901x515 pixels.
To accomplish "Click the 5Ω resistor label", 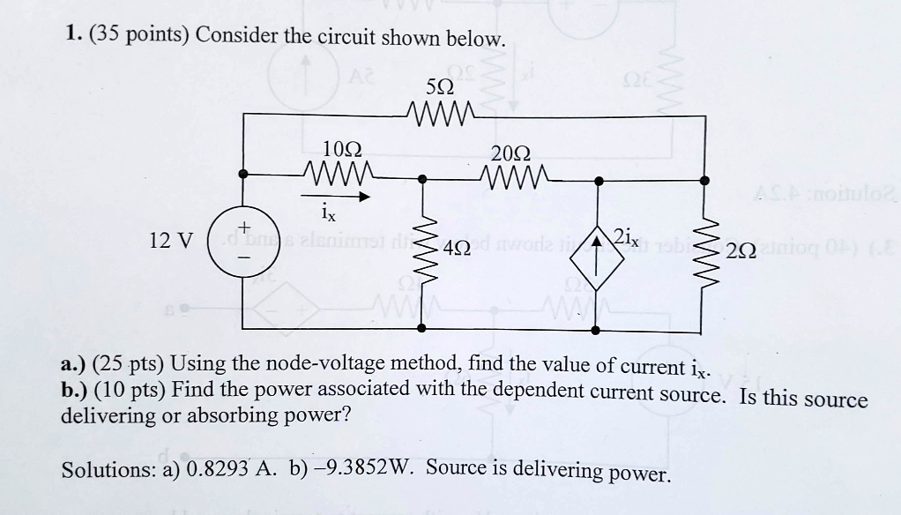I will point(440,89).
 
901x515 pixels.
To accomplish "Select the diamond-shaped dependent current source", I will point(599,251).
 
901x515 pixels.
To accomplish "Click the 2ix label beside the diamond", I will point(628,235).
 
